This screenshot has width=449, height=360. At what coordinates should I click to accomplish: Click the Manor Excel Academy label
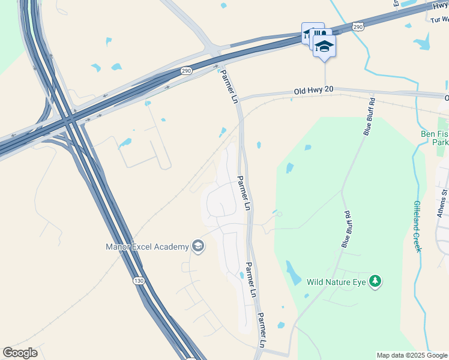[147, 247]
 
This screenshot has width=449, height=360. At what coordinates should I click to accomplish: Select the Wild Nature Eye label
[336, 281]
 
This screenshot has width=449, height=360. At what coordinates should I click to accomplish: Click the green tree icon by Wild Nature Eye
[375, 281]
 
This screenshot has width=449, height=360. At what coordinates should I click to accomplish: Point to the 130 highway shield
[139, 281]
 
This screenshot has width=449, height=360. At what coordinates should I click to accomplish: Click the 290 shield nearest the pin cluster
[358, 27]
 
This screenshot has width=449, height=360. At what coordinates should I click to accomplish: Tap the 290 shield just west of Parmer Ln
[186, 71]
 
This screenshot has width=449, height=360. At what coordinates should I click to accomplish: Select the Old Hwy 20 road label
[313, 91]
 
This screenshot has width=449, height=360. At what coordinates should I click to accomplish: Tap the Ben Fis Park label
[433, 139]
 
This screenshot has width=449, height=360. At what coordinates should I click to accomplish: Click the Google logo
[20, 353]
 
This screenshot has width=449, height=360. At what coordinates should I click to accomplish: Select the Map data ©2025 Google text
[411, 355]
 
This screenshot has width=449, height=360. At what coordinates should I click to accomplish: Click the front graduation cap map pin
[324, 46]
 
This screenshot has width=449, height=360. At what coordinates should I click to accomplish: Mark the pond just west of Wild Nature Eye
[294, 273]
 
